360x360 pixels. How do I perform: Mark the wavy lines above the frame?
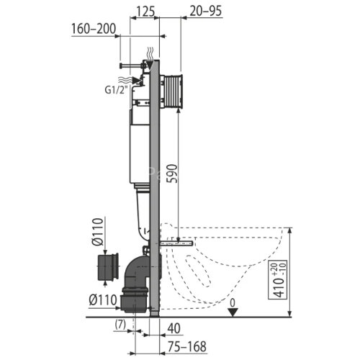coord(149,53)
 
